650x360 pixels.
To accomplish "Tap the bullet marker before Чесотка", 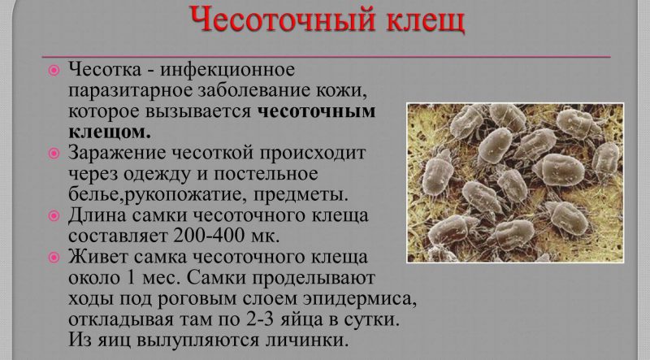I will coord(54,71).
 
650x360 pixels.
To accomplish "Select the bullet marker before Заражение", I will coord(54,153).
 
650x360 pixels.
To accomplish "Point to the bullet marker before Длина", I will coord(54,216).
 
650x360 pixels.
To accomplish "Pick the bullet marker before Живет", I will coord(54,258).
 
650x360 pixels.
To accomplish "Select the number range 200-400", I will coord(216,236).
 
